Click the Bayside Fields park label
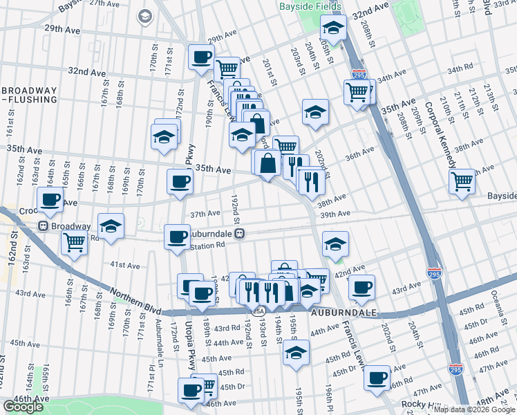click(x=310, y=6)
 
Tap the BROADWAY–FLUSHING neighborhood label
click(x=29, y=95)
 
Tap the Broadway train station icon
click(x=43, y=226)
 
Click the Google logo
click(x=23, y=407)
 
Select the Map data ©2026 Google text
click(x=474, y=409)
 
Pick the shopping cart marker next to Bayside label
click(x=462, y=181)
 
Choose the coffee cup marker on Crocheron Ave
click(x=50, y=199)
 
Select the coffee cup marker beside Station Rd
click(x=177, y=237)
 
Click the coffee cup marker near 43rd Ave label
click(x=361, y=286)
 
